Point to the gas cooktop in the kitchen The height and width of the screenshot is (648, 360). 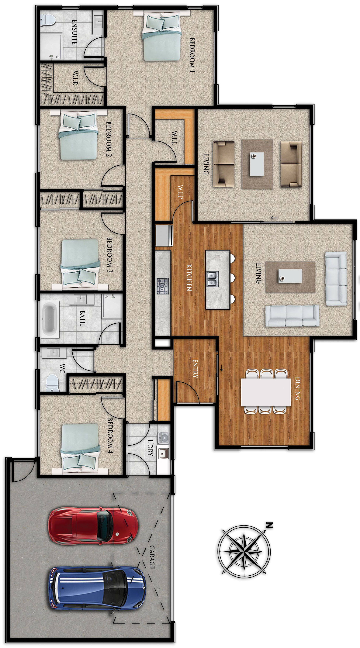point(163,286)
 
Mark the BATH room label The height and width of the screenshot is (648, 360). point(82,318)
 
